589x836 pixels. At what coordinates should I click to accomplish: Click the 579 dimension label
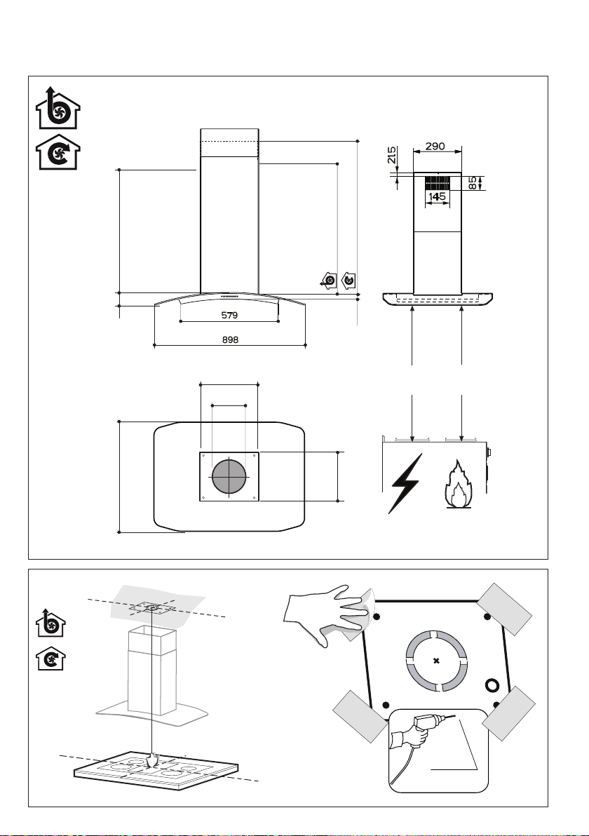coord(229,315)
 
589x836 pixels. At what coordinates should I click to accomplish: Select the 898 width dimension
coord(230,339)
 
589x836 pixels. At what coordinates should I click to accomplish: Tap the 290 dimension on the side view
coord(435,146)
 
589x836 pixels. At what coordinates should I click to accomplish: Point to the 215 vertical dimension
coord(392,155)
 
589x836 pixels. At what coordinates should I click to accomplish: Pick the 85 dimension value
coord(473,184)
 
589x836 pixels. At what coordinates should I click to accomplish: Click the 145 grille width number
coord(437,197)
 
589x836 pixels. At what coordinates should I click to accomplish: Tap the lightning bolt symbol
coord(407,483)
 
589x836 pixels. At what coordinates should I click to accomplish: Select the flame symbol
coord(458,484)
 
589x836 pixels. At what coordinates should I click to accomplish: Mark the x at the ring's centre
coord(437,661)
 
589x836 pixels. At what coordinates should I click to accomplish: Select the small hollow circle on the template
coord(491,685)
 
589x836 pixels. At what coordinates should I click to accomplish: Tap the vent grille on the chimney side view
coord(437,184)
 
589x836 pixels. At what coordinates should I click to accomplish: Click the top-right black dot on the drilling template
coord(487,617)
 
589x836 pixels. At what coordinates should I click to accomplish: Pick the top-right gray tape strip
coord(504,609)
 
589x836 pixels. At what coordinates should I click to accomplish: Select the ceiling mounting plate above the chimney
coord(152,608)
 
